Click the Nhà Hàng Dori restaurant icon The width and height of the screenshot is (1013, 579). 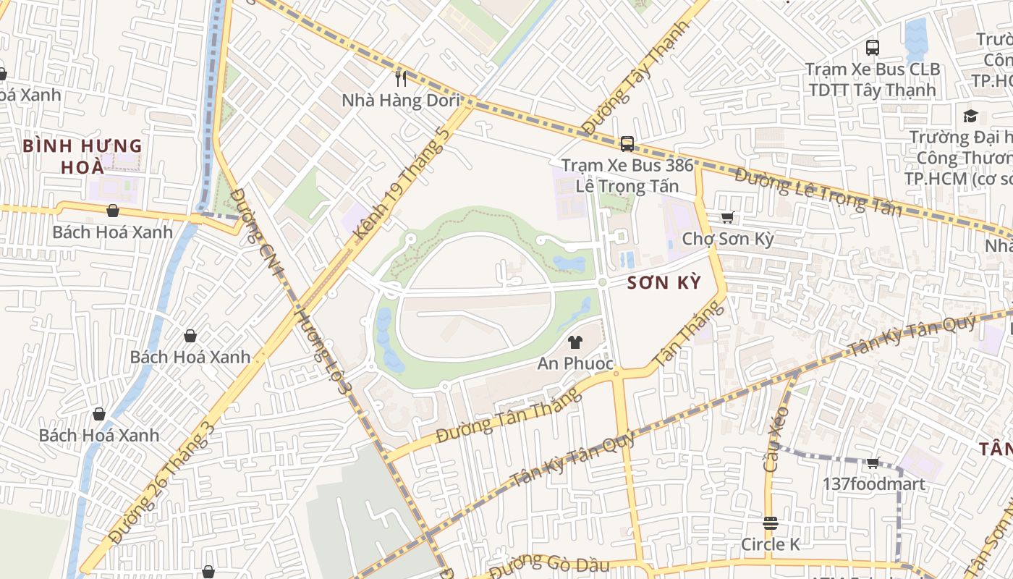point(401,78)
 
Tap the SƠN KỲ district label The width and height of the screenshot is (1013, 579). point(664,283)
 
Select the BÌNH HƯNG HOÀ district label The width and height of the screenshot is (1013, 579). point(82,156)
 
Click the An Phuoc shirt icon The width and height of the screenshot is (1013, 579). point(575,342)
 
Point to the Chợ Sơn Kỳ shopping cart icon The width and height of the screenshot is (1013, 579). point(728,217)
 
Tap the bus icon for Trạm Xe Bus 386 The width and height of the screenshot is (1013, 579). point(627,143)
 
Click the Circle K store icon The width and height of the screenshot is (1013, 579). point(770,523)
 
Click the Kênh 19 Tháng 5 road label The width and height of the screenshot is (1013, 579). point(403,185)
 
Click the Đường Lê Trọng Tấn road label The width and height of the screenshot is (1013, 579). point(818,193)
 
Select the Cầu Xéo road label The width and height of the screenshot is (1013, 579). point(776,439)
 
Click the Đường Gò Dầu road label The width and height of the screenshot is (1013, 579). point(550,565)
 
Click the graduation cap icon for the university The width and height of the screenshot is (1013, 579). point(970,116)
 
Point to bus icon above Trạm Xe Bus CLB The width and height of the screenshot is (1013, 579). point(873,48)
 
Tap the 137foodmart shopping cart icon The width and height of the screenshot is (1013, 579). point(873,463)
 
